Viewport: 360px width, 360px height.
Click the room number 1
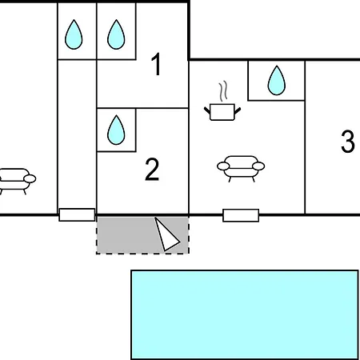coord(157,64)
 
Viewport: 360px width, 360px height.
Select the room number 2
coord(152,170)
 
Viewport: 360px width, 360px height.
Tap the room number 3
coord(348,142)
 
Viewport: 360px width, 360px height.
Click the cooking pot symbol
coord(222,112)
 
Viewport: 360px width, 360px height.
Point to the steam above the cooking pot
coord(223,91)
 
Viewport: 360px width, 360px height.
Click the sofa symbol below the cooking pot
coord(241,169)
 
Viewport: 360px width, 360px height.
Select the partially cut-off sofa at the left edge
coord(17,181)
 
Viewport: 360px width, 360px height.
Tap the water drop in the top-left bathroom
coord(74,34)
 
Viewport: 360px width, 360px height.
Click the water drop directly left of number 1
coord(116,34)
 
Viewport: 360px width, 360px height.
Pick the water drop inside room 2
coord(116,130)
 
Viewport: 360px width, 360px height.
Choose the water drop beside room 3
coord(277,81)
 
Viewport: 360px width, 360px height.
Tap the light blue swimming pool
coord(245,314)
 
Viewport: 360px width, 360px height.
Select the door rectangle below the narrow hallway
coord(77,214)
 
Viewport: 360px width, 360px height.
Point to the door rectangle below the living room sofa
coord(241,215)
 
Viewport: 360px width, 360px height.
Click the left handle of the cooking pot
coord(207,110)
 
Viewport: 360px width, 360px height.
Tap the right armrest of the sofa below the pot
coord(258,166)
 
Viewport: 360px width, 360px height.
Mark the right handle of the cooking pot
coord(238,110)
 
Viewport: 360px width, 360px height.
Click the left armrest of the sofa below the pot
coord(223,166)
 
